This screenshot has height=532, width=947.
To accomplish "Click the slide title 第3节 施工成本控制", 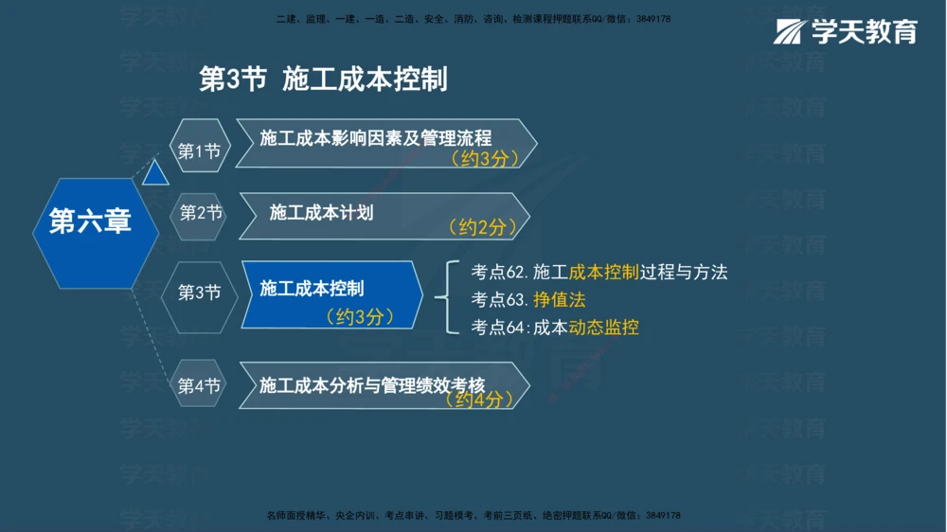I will [x=323, y=80].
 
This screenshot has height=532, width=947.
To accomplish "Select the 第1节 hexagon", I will [x=199, y=151].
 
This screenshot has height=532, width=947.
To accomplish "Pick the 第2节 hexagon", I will [x=201, y=213].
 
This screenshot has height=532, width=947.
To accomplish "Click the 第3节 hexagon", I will [x=199, y=293].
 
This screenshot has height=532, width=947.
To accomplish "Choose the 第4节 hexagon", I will [x=199, y=386].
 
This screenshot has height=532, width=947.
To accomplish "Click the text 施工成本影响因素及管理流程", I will [x=376, y=138].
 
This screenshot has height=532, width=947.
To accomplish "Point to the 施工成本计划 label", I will [x=321, y=212].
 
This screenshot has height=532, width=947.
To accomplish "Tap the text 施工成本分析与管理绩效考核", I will [x=372, y=385].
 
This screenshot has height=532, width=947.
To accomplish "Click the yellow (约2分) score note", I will [x=483, y=227].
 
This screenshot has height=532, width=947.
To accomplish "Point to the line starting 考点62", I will [x=599, y=273].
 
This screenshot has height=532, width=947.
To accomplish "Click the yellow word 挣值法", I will [x=560, y=300].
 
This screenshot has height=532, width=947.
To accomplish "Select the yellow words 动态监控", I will [x=603, y=328].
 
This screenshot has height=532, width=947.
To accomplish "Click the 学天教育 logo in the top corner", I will [x=846, y=31].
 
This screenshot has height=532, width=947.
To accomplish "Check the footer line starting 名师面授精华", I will [x=473, y=516].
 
